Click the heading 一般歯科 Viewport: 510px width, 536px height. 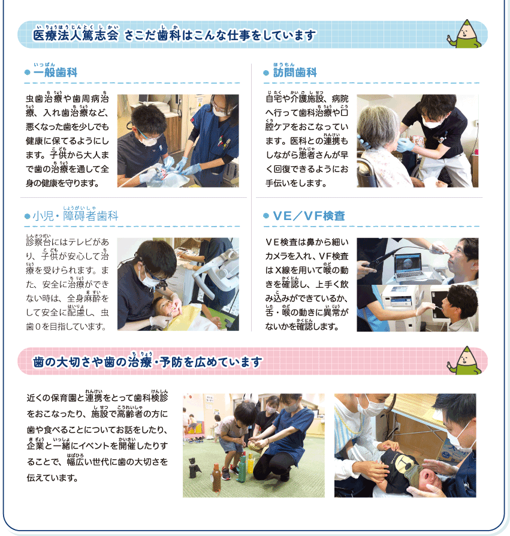[x=55, y=73]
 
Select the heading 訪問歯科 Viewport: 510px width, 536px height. [x=295, y=73]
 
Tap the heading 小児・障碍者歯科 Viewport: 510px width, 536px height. [x=76, y=216]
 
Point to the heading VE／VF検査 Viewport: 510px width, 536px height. [x=309, y=216]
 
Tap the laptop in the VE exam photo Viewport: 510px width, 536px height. [x=409, y=267]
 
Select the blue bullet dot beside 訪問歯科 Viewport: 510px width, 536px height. [x=266, y=73]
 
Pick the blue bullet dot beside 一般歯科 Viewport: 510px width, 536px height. [x=28, y=73]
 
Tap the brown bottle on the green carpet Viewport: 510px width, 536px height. [x=216, y=477]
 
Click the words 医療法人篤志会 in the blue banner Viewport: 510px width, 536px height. [x=76, y=35]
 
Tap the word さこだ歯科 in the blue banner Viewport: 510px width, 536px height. [x=153, y=35]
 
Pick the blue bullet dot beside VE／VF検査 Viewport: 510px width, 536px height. [x=266, y=216]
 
